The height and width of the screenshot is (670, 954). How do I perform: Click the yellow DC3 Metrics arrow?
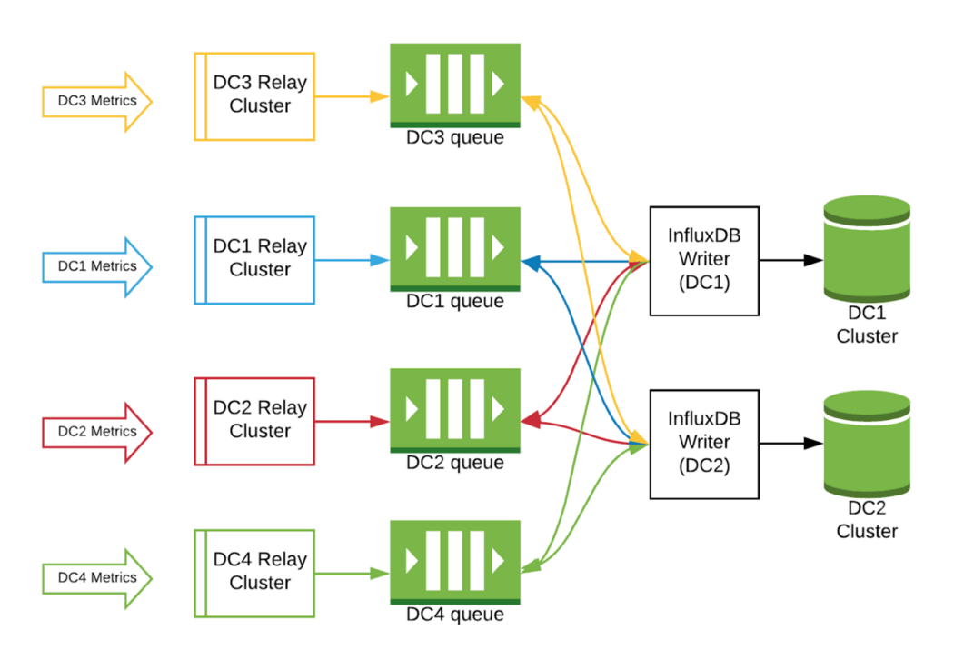click(95, 101)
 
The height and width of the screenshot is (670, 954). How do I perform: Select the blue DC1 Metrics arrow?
click(95, 266)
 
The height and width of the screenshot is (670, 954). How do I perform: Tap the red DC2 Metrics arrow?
click(95, 432)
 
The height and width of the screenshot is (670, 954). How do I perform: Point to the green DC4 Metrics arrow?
click(95, 577)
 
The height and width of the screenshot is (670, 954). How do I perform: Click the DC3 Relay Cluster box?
click(254, 95)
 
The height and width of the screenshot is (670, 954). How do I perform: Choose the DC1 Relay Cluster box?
click(254, 259)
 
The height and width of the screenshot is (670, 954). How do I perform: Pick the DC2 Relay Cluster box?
click(254, 420)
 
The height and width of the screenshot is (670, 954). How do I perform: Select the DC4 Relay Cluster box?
click(254, 572)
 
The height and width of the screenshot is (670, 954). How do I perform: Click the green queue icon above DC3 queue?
click(454, 85)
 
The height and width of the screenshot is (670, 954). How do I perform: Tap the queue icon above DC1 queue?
click(454, 248)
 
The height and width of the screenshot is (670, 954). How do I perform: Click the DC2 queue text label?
click(454, 463)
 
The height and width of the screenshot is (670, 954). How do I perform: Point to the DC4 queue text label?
click(454, 615)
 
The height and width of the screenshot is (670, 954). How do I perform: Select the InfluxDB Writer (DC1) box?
click(704, 260)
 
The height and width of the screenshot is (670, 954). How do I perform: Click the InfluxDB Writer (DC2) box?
click(704, 444)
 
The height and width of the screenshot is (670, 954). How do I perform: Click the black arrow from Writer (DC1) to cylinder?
click(790, 260)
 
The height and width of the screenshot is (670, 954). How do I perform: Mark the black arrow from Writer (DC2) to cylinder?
click(790, 444)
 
